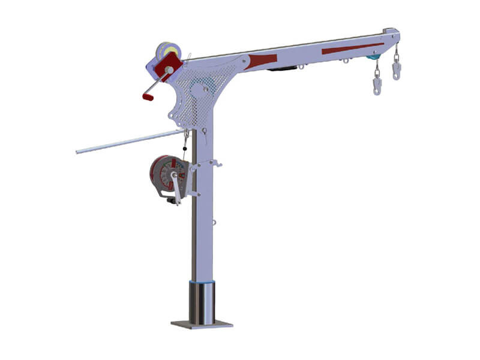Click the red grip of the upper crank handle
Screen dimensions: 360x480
(148, 95)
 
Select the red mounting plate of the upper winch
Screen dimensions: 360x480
(169, 65)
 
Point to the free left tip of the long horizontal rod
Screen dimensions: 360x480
(78, 152)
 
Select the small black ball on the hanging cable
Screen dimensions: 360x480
(185, 148)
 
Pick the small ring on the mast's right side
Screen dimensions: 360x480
(214, 223)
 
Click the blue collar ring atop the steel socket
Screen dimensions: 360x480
(202, 281)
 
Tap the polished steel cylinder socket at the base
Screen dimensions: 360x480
(202, 303)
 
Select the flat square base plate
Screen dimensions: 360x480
(202, 324)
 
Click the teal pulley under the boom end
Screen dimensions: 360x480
(373, 57)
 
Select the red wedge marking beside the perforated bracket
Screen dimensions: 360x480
(263, 60)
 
